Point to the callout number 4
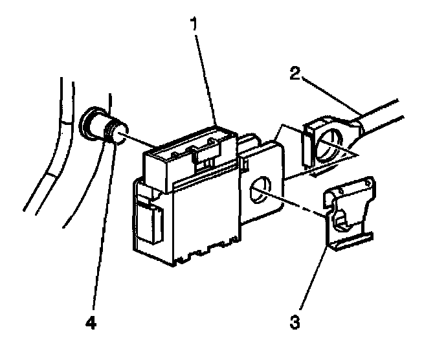pos(92,321)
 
